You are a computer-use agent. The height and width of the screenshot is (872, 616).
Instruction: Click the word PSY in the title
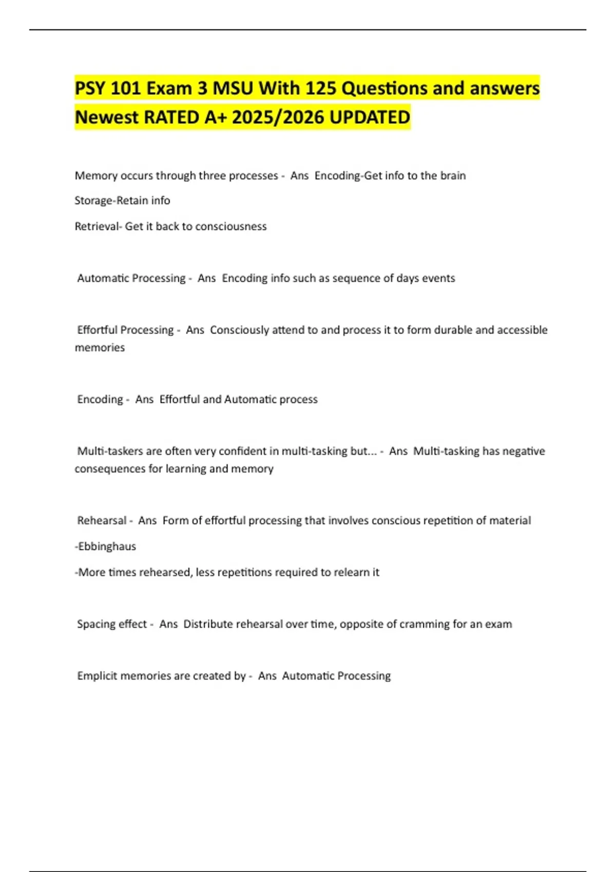90,89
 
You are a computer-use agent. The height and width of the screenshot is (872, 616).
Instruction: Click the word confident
242,451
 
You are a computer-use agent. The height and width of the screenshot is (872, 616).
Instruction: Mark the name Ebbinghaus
107,547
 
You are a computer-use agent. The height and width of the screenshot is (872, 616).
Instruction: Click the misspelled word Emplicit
97,676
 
